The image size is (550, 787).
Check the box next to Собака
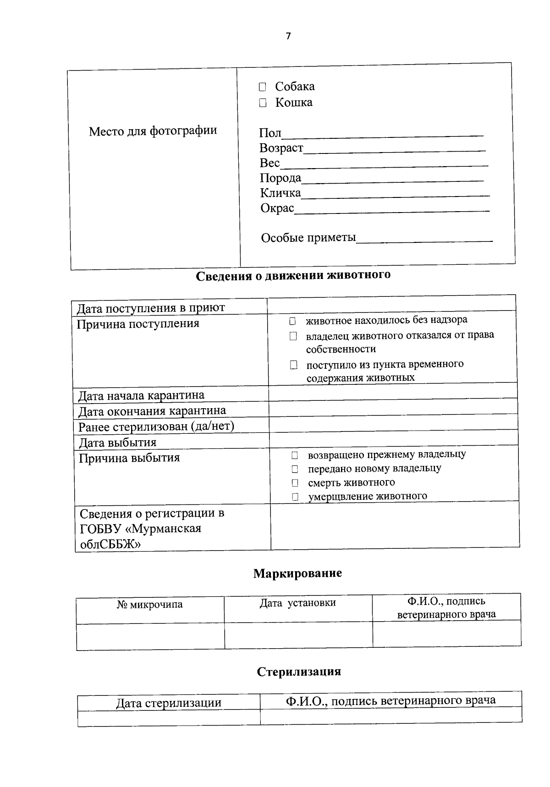(x=262, y=87)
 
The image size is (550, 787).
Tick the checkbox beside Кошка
(x=262, y=103)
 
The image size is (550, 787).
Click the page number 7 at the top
(x=288, y=37)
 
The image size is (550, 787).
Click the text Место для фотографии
(x=153, y=131)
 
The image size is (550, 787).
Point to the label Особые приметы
(x=308, y=238)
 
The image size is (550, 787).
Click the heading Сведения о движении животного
(x=293, y=276)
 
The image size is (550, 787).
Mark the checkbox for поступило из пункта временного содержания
(x=293, y=365)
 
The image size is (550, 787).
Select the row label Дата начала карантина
(x=141, y=395)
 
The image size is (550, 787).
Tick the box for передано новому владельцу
(x=295, y=469)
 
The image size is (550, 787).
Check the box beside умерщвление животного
(x=295, y=497)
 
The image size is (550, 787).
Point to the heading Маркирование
(x=297, y=574)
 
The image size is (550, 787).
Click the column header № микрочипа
(x=150, y=605)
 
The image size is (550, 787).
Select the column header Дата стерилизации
(x=168, y=703)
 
